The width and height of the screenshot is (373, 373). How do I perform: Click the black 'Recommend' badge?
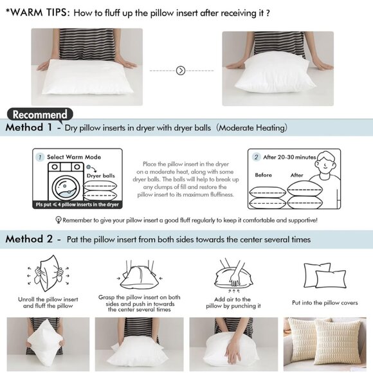click(40, 114)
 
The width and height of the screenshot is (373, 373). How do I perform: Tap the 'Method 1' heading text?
click(29, 128)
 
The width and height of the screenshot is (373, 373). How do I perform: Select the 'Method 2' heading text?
click(30, 239)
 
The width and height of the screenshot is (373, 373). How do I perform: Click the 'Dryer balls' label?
click(100, 174)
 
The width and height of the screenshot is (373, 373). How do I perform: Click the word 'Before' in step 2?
click(264, 175)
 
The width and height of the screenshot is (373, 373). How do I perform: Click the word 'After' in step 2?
click(296, 175)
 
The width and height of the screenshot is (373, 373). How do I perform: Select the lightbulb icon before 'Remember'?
click(59, 220)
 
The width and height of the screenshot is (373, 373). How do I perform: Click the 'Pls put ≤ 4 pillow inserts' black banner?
click(77, 205)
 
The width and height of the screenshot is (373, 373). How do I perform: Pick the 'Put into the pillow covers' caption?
click(324, 302)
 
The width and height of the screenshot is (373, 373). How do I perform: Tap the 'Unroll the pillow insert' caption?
click(50, 302)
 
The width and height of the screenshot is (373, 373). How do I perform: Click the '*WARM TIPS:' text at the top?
click(37, 12)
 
